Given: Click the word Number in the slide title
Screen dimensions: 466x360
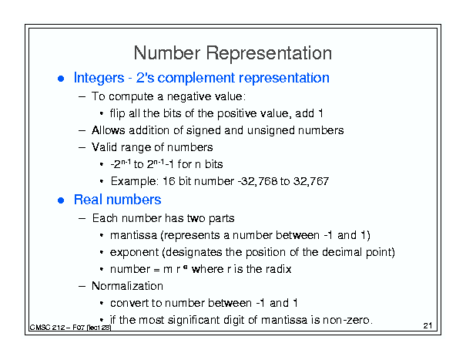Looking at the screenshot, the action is tap(167, 53).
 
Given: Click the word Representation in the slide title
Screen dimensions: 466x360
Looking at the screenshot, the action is tap(269, 54).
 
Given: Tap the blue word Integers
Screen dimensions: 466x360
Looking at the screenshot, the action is tap(99, 78).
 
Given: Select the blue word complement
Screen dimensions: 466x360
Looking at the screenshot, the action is tap(196, 79).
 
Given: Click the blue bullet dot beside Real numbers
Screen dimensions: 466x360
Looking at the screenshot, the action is tap(61, 200).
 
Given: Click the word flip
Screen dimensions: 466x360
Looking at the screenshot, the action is tap(117, 114).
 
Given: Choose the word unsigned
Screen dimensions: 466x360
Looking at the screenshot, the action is tap(271, 130).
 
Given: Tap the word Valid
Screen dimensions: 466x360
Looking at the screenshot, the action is tap(104, 147).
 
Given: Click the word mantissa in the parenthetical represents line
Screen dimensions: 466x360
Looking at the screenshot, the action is tap(133, 235).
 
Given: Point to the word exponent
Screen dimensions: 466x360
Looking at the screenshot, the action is tap(134, 253).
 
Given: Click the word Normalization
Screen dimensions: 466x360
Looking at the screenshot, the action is tap(127, 286).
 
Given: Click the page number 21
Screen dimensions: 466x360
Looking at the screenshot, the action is tap(427, 326).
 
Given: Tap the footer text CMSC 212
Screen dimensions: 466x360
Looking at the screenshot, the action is tap(48, 328).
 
